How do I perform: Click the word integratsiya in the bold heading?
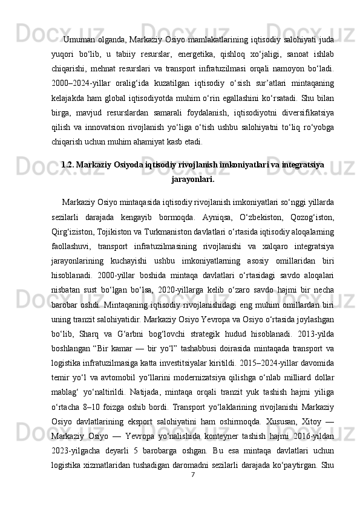303,164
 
